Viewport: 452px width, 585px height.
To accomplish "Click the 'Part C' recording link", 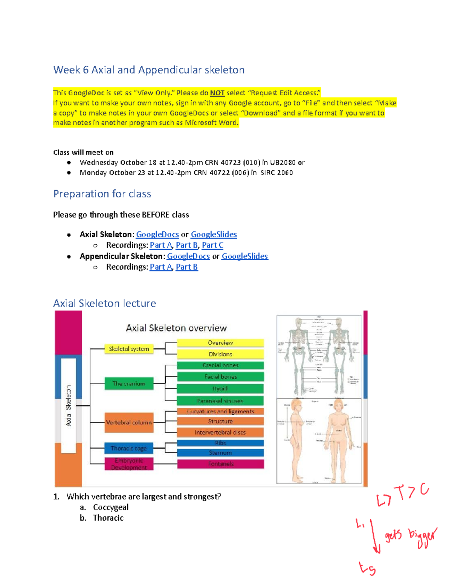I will click(x=212, y=245).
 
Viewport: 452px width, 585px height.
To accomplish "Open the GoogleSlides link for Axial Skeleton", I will click(x=214, y=235).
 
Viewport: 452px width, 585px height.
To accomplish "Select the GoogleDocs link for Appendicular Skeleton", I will click(x=188, y=257).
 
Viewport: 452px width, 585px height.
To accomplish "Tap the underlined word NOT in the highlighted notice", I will click(x=217, y=93).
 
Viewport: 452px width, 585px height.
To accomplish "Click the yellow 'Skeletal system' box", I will click(x=129, y=349).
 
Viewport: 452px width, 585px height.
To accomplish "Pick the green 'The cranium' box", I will click(x=129, y=383).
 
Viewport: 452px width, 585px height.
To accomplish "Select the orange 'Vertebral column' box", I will click(x=129, y=423).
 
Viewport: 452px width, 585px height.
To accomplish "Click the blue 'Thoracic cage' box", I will click(x=129, y=448).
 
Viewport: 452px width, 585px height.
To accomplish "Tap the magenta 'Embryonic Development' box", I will click(x=129, y=464).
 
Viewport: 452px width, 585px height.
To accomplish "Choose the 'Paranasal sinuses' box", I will click(x=220, y=401).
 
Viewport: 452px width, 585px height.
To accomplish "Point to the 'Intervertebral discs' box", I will click(x=220, y=432).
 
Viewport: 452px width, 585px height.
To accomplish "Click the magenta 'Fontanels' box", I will click(x=220, y=464).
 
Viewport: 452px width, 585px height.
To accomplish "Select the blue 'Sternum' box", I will click(x=220, y=453).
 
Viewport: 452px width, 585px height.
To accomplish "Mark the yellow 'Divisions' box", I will click(x=220, y=354).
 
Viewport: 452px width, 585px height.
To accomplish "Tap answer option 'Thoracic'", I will click(x=108, y=518).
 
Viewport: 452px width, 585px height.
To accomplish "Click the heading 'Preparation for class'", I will click(x=102, y=194).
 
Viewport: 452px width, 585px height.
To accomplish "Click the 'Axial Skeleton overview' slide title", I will click(x=176, y=328).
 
